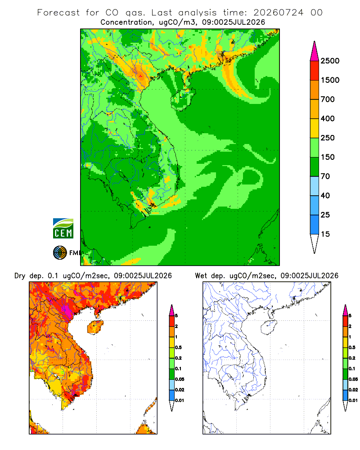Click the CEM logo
[63, 228]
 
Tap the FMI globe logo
[60, 253]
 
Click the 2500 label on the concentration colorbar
[330, 61]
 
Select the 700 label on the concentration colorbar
[328, 99]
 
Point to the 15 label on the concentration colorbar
[325, 234]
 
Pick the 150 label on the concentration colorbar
[328, 157]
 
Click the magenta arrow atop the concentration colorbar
[315, 51]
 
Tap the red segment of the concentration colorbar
[315, 71]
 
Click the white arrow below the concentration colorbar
[315, 244]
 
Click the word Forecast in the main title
[58, 13]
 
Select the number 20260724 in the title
[278, 13]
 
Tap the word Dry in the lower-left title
[20, 276]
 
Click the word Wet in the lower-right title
[201, 276]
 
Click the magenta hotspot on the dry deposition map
[67, 310]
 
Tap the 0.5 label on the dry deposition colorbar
[178, 347]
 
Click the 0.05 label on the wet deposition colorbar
[353, 379]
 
